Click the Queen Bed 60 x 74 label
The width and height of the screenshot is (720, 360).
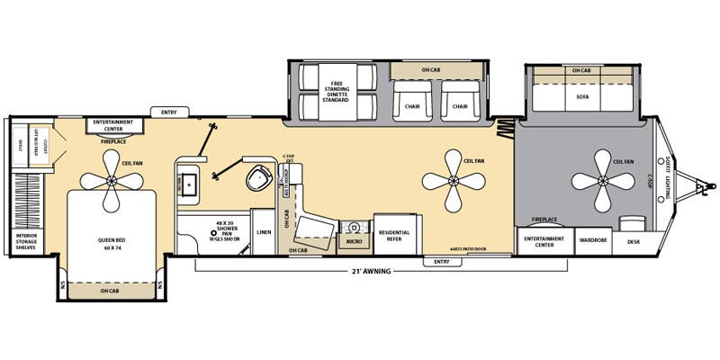[112, 243]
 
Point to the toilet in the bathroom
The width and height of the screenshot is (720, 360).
[259, 176]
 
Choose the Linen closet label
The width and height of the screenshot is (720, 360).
[263, 232]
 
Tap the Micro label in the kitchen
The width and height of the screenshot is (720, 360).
[353, 241]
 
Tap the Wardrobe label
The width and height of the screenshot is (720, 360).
[593, 240]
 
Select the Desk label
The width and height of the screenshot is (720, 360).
[634, 240]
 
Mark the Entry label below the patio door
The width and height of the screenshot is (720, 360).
[441, 261]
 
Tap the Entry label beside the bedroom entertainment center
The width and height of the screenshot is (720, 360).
[169, 112]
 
